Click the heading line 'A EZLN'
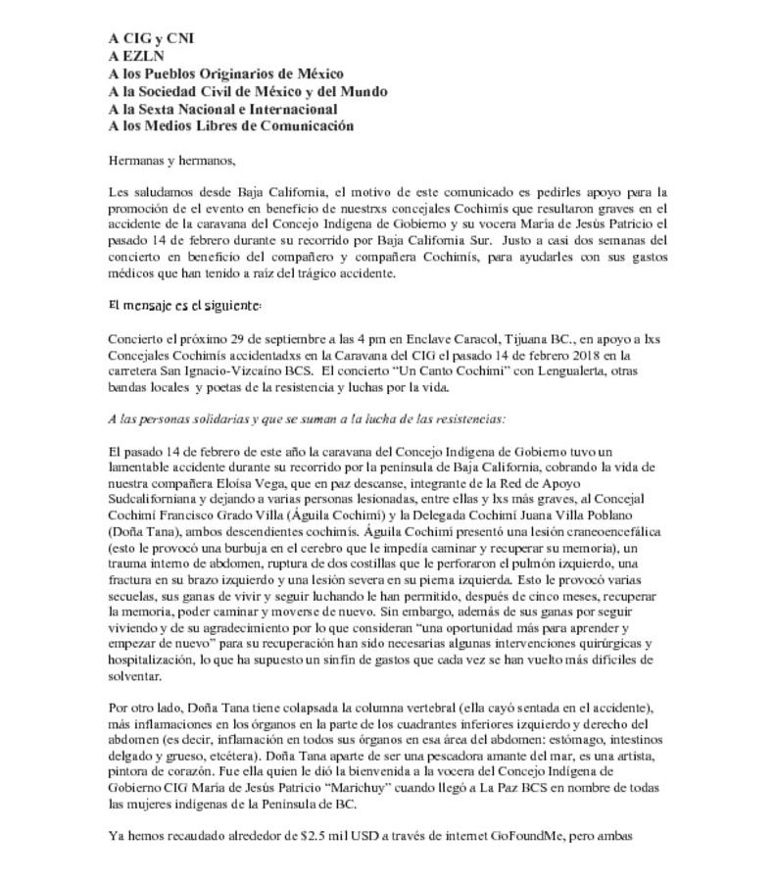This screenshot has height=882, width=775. tap(136, 56)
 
